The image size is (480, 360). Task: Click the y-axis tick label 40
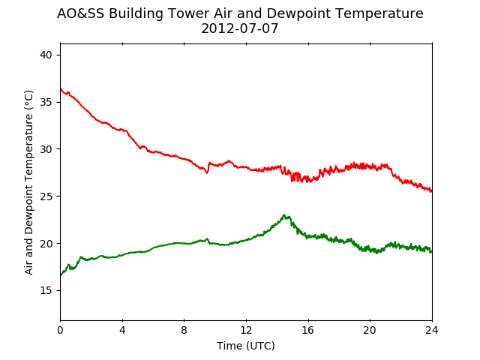(46, 55)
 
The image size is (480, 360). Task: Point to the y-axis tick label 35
(46, 102)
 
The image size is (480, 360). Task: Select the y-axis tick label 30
(46, 149)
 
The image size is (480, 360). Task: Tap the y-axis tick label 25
(46, 196)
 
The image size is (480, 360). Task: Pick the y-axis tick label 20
(46, 244)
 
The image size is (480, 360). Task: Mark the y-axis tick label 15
(46, 291)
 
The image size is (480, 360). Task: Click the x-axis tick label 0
(60, 330)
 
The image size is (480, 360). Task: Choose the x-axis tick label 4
(122, 330)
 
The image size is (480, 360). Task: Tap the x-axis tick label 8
(184, 330)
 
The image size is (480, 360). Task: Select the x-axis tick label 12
(246, 330)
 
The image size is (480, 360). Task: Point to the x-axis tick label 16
(308, 330)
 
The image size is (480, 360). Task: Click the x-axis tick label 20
(370, 330)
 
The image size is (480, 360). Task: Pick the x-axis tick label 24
(432, 330)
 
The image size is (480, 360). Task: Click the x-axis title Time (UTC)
(246, 346)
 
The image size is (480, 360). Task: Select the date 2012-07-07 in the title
(240, 28)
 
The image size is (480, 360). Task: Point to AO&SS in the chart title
(81, 13)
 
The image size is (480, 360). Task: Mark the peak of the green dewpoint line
(284, 215)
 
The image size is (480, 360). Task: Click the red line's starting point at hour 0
(61, 88)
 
